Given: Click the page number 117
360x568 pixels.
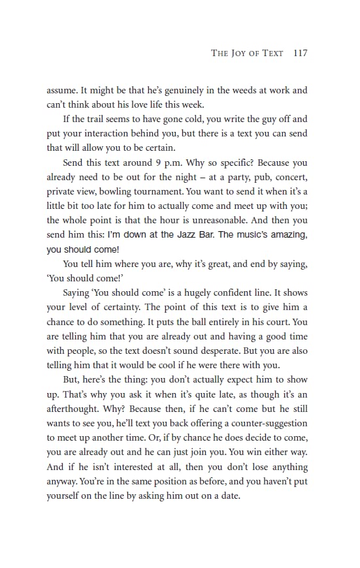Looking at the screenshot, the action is click(301, 53).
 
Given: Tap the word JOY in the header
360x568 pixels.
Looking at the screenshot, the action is click(242, 54).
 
